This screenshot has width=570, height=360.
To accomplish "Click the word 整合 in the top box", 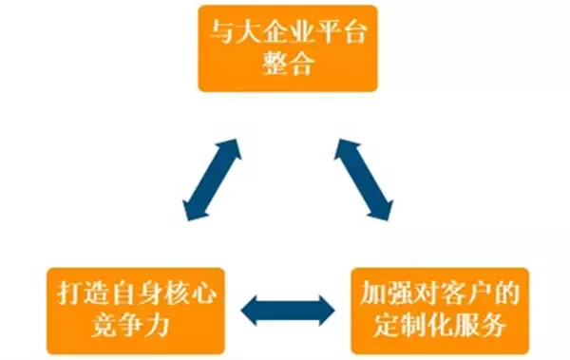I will pyautogui.click(x=289, y=66).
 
